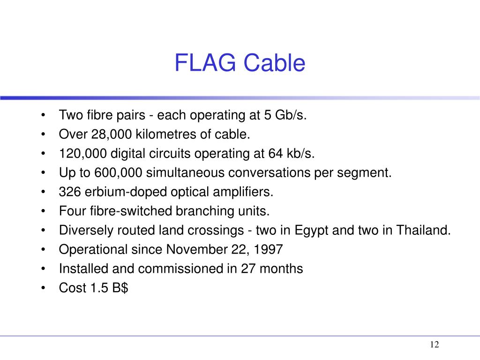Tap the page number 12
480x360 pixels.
pyautogui.click(x=434, y=345)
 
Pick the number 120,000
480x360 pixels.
pyautogui.click(x=81, y=154)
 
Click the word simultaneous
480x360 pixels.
pyautogui.click(x=186, y=173)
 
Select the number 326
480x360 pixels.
pyautogui.click(x=68, y=192)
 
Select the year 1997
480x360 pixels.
pyautogui.click(x=269, y=250)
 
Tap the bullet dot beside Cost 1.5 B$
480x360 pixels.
pyautogui.click(x=43, y=288)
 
